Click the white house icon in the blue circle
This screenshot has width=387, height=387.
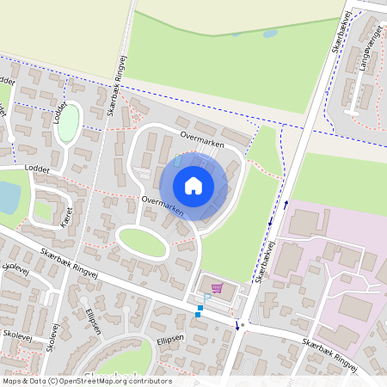[193, 185]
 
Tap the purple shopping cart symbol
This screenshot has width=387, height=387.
[216, 288]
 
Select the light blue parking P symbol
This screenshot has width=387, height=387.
[207, 297]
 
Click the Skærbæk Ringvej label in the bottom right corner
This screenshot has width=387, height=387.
[329, 353]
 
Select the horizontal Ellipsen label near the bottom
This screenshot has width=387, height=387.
[171, 341]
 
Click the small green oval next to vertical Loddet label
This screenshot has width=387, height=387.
[68, 122]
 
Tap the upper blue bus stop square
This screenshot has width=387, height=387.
[201, 308]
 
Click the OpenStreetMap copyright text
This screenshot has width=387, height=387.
[86, 381]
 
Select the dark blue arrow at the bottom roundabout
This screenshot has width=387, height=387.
[237, 324]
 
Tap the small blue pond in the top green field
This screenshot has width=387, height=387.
[269, 34]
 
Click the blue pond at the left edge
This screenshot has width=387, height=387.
[7, 197]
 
